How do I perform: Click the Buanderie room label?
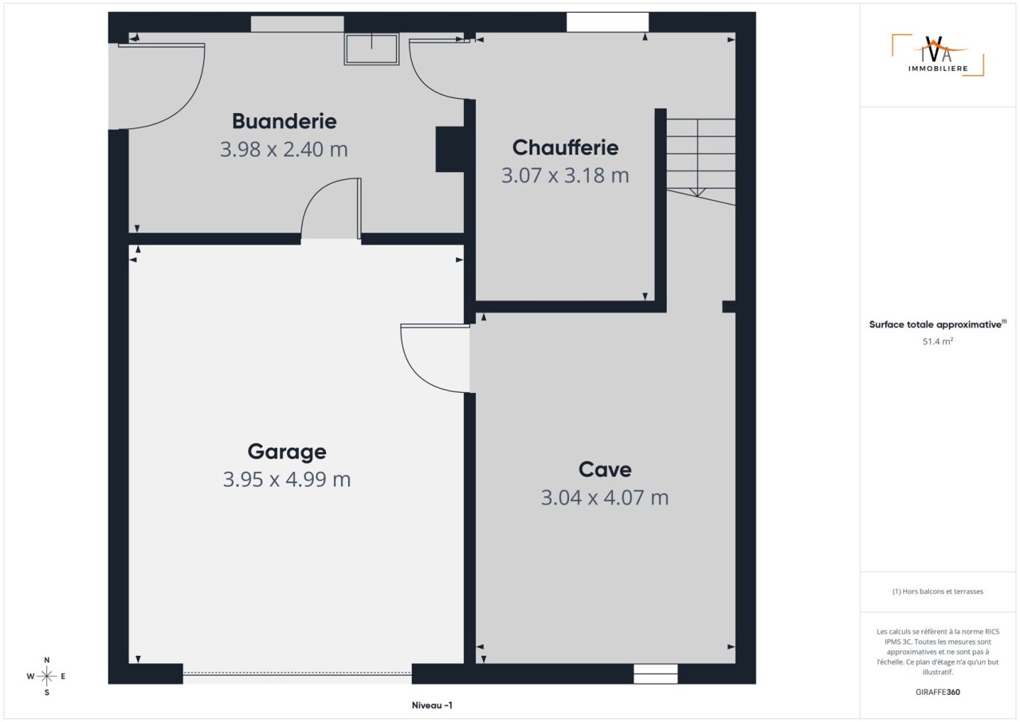click(x=284, y=121)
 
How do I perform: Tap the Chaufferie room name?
click(x=565, y=147)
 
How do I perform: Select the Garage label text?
click(x=287, y=452)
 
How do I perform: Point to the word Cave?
click(x=605, y=469)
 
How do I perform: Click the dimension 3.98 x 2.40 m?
click(x=284, y=149)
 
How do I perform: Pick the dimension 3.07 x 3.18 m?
click(x=565, y=175)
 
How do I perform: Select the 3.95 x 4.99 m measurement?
click(x=287, y=480)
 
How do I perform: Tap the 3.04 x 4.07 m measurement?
click(x=605, y=497)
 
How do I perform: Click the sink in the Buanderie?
click(x=371, y=49)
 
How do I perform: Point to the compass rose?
click(x=46, y=676)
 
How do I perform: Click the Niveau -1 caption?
click(x=432, y=705)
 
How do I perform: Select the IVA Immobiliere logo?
click(x=938, y=56)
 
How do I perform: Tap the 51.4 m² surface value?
click(x=938, y=341)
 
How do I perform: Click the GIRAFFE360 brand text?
click(x=938, y=692)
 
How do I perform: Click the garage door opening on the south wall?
click(x=297, y=673)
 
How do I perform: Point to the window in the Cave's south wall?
click(x=655, y=673)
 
